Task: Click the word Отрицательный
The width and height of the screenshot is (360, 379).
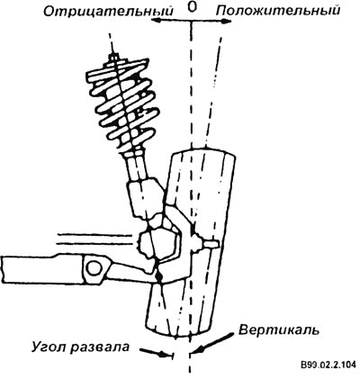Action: (x=108, y=12)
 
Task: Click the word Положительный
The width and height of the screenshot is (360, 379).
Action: (x=278, y=11)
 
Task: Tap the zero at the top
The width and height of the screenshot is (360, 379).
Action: (x=192, y=7)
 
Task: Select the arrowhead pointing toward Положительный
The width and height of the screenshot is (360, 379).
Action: (x=226, y=22)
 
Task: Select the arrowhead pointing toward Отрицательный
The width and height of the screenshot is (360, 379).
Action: (x=157, y=20)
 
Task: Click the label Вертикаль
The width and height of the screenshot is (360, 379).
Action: (x=279, y=330)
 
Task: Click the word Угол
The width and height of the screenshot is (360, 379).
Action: (x=49, y=347)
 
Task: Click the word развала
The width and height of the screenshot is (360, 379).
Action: (x=101, y=347)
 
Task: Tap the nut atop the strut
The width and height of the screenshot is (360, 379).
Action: (x=112, y=56)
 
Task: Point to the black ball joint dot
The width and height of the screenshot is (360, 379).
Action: (x=159, y=275)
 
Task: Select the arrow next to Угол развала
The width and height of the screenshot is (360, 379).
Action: (x=155, y=352)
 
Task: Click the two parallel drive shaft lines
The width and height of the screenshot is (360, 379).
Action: (x=95, y=239)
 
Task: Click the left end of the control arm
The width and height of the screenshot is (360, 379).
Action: (x=3, y=269)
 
